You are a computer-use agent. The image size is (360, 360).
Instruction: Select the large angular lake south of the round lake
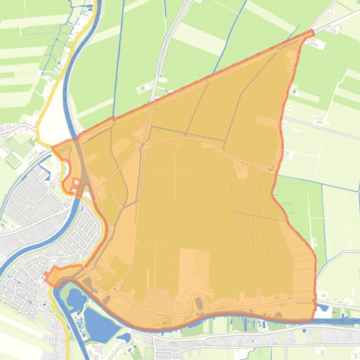click(x=99, y=323)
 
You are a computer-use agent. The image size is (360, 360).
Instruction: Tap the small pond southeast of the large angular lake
click(x=125, y=337)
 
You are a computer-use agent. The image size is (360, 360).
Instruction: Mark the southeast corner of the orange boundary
click(x=313, y=320)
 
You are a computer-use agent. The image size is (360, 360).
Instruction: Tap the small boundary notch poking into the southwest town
click(x=48, y=277)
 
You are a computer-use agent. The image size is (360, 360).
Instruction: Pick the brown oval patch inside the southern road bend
click(x=199, y=304)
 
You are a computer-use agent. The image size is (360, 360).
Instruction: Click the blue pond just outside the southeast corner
click(x=323, y=308)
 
